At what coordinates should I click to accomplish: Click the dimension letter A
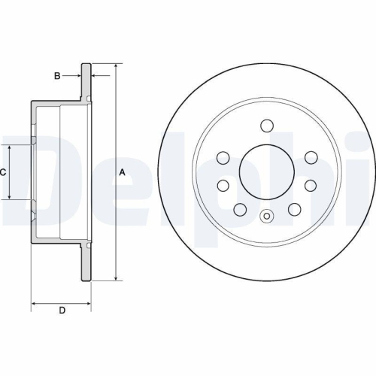(122, 172)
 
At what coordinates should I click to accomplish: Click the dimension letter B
(56, 75)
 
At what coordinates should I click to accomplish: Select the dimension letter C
(3, 172)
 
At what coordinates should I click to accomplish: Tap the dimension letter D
(62, 311)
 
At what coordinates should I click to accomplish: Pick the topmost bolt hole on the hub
(266, 125)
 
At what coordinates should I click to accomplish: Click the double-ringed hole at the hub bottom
(266, 218)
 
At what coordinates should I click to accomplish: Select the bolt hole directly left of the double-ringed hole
(240, 209)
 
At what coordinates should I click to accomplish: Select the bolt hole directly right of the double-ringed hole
(293, 209)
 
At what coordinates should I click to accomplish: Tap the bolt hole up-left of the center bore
(223, 157)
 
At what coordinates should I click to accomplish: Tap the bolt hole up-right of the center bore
(310, 157)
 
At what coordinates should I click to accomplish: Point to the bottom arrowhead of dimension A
(116, 277)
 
